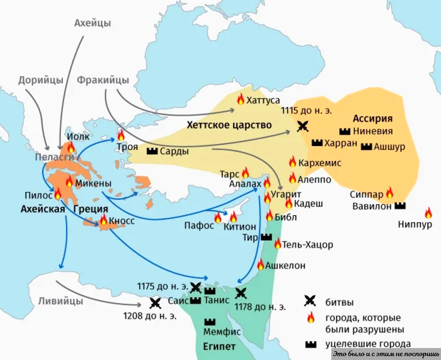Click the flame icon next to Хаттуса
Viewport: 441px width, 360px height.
point(241,99)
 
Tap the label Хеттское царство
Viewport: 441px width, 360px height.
point(229,125)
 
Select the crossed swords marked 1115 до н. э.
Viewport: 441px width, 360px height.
point(303,126)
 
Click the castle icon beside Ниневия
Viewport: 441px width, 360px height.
point(344,131)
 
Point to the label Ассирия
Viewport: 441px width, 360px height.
point(373,118)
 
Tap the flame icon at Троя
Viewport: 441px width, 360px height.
point(121,135)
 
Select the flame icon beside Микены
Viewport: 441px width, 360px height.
point(69,182)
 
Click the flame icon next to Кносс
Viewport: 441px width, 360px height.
point(103,219)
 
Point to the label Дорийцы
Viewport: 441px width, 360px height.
point(41,80)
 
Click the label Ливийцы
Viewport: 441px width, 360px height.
point(61,301)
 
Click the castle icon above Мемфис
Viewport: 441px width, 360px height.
point(210,321)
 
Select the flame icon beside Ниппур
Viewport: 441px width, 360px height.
point(428,212)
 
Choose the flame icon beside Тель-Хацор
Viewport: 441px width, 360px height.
point(277,244)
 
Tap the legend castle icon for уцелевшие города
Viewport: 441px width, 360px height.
point(310,343)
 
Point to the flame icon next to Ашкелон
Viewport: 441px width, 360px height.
point(260,264)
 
